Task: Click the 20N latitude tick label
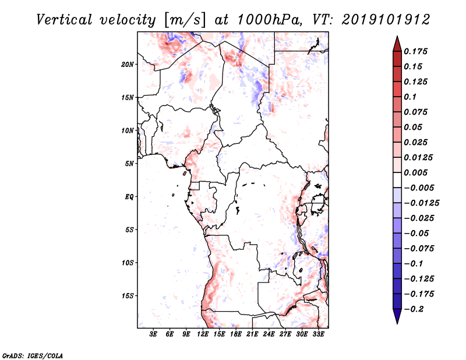pos(128,64)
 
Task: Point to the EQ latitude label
pos(129,197)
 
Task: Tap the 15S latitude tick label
pos(128,296)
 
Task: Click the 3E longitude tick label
pos(154,335)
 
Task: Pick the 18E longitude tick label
pos(236,335)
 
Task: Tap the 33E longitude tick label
pos(319,335)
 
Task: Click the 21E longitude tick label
pos(252,335)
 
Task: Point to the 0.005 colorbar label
pos(418,173)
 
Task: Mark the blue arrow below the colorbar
pos(397,317)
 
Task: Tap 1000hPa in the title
pos(267,19)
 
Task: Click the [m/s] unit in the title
pos(186,20)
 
